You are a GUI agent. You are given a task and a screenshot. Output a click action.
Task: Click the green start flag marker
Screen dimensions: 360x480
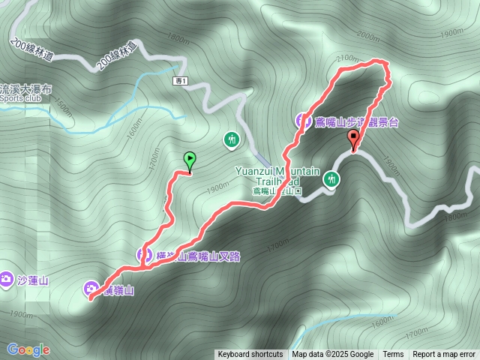[x=190, y=160]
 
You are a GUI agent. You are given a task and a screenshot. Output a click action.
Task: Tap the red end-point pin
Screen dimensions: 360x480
[x=353, y=139]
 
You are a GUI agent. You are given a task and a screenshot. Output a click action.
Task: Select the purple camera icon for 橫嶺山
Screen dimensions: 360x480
[x=91, y=288]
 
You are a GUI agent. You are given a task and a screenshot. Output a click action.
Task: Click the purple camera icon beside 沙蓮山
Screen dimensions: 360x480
[x=7, y=280]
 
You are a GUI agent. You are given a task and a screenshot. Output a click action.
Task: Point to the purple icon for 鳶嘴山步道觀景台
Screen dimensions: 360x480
[x=301, y=119]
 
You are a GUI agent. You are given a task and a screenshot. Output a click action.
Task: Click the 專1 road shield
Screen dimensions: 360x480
[x=179, y=81]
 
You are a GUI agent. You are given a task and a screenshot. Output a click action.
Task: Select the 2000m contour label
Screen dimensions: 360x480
[x=370, y=35]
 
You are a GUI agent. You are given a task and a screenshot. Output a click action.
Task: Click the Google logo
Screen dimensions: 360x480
[x=28, y=349]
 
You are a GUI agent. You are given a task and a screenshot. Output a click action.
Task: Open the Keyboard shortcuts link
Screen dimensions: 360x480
[x=250, y=355]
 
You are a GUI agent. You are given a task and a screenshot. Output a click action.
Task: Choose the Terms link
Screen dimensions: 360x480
[x=393, y=355]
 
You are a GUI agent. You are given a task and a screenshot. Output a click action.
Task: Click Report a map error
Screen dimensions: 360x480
[x=443, y=355]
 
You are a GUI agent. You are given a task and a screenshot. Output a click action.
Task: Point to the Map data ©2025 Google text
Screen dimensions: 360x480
[x=332, y=355]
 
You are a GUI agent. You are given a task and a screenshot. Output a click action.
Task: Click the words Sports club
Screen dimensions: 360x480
[x=22, y=97]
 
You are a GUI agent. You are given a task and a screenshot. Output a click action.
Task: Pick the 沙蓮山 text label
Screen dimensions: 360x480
[x=32, y=281]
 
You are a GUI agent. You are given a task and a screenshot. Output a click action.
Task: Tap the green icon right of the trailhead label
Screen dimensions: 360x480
[x=331, y=178]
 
